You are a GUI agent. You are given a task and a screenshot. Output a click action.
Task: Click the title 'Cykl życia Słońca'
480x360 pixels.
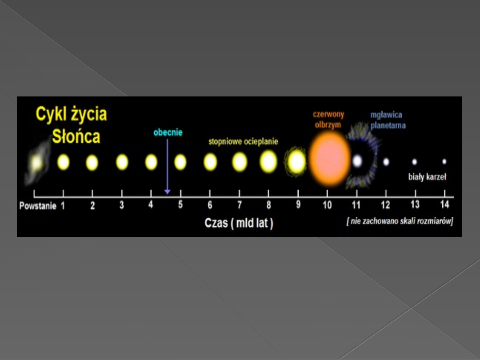coord(71,125)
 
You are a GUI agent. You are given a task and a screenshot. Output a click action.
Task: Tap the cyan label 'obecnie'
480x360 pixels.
coord(168,132)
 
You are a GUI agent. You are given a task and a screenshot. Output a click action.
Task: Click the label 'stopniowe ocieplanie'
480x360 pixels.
coord(244,141)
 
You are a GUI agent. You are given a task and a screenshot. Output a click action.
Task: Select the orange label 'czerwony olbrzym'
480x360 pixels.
coord(328,120)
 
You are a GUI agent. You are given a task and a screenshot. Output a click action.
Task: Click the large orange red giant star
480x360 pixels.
coord(329,159)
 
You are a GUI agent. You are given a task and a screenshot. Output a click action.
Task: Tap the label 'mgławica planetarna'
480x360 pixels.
coord(388,120)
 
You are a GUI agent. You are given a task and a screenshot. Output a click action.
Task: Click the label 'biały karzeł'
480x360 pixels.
coord(428,177)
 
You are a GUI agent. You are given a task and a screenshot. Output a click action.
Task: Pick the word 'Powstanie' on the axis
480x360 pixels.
coord(38,206)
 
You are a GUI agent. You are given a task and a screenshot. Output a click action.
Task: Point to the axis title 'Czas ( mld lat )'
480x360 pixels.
coord(239,223)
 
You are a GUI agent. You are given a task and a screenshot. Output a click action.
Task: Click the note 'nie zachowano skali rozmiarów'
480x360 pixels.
coord(400,221)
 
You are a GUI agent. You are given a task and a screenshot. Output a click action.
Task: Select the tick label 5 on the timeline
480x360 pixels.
coord(180,204)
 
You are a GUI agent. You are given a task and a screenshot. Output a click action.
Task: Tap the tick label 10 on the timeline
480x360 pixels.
coord(327,204)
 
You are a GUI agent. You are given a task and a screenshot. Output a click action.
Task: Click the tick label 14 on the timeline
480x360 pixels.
coord(444,204)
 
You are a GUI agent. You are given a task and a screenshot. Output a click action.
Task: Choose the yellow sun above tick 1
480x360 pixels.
coord(64,162)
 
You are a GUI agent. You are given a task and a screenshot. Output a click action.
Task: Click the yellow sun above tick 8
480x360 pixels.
coord(268,161)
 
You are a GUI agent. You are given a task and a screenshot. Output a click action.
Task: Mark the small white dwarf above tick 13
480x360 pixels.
coord(415,162)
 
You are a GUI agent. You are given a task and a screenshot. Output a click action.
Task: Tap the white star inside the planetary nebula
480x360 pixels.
coord(357,161)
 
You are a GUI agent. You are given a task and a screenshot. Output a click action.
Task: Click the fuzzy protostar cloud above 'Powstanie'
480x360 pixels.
coord(37,162)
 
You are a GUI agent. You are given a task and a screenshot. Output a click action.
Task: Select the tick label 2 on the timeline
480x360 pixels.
coord(92,205)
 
